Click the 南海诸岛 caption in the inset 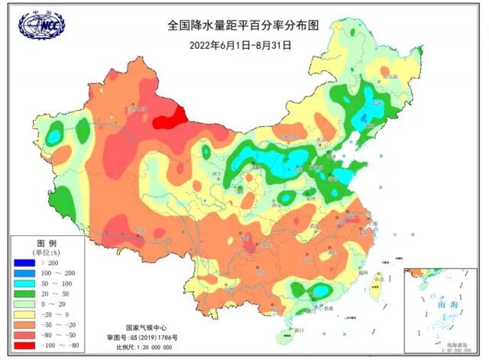tap(455, 346)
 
